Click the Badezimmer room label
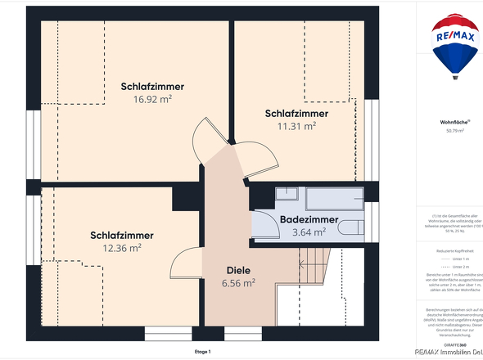click(x=309, y=219)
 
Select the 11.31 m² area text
click(x=296, y=126)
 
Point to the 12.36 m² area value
click(x=122, y=248)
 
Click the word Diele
click(x=237, y=270)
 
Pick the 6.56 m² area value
click(x=238, y=283)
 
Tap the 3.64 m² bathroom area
click(x=309, y=232)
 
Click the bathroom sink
click(x=286, y=194)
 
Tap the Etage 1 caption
click(x=203, y=351)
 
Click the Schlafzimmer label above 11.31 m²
click(x=296, y=113)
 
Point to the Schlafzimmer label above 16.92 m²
click(x=152, y=86)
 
